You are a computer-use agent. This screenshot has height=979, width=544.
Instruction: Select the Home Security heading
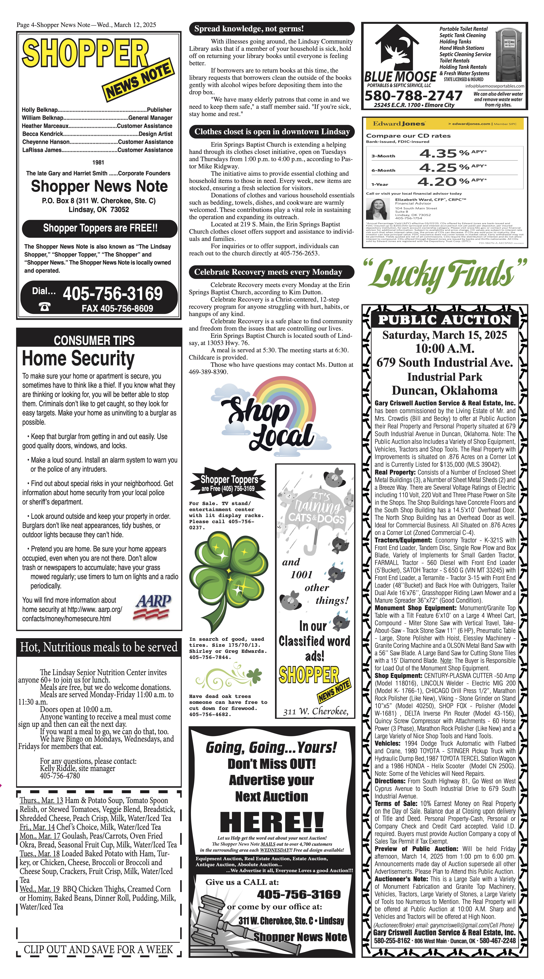coord(78,358)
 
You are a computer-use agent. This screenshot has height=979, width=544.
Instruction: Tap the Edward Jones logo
coord(399,124)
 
